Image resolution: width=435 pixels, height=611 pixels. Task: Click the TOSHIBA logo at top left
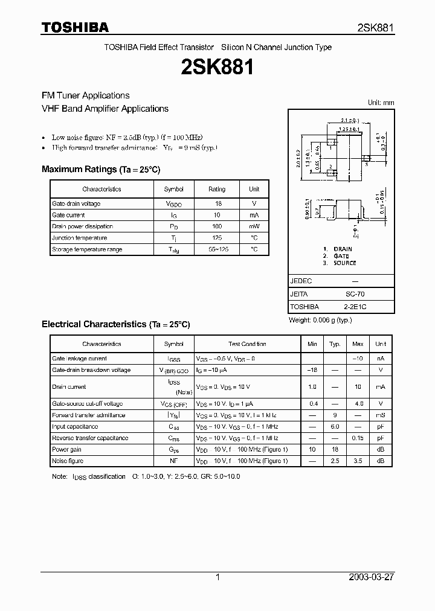(75, 28)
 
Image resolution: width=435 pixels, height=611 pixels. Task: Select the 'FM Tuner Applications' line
(85, 95)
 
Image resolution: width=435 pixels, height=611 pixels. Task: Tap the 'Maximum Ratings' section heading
(101, 170)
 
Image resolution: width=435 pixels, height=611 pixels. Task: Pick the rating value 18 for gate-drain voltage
(218, 203)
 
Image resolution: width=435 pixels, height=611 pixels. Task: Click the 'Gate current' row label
(68, 215)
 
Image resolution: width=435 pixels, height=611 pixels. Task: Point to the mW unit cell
(254, 226)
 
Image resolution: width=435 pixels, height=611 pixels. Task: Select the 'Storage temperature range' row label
(87, 249)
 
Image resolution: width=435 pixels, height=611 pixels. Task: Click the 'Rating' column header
(217, 189)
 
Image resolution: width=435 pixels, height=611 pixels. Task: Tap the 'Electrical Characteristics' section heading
(115, 324)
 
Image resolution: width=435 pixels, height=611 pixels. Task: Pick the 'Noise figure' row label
(67, 461)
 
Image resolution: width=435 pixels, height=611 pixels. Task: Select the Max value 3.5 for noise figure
(358, 461)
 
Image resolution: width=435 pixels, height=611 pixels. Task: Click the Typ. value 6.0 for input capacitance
(335, 426)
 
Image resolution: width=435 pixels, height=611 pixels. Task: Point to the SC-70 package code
(354, 294)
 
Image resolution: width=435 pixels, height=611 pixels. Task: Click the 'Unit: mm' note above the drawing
(381, 103)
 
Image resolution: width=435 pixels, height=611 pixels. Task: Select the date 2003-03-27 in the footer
(370, 577)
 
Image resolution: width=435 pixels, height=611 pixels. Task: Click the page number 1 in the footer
(217, 577)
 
